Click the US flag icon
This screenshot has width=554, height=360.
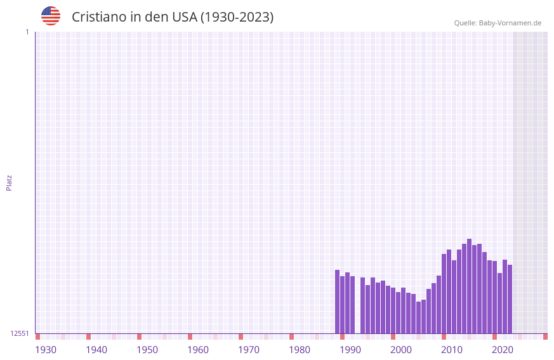(51, 16)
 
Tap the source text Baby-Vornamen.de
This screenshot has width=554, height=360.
(510, 23)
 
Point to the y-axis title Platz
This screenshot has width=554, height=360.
(9, 182)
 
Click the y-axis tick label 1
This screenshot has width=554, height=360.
(27, 32)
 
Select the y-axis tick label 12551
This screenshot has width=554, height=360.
(19, 333)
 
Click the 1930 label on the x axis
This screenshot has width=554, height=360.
(46, 350)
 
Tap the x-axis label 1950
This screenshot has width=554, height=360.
(147, 350)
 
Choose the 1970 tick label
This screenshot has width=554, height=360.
(249, 350)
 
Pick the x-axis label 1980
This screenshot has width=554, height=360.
(300, 350)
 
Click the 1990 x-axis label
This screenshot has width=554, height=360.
(350, 350)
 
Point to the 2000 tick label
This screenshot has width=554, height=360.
(401, 350)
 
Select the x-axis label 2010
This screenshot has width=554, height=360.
(452, 350)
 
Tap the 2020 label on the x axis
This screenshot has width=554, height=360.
(503, 350)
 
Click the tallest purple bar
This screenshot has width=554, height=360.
(469, 286)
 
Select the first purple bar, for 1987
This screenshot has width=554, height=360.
(337, 302)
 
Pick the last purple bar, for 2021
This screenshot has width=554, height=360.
(510, 299)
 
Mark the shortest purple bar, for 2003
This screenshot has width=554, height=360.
(418, 317)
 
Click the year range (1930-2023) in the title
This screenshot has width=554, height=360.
(237, 17)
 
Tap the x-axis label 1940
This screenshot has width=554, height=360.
(96, 350)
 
